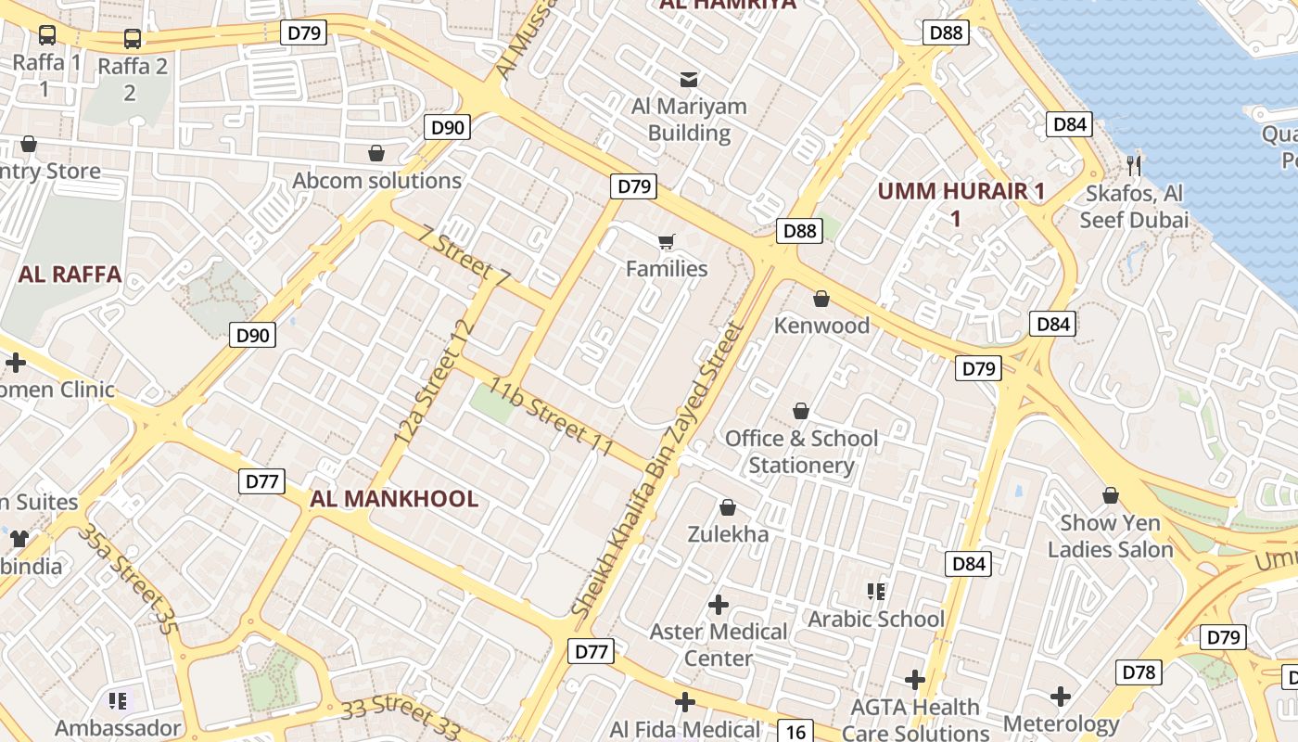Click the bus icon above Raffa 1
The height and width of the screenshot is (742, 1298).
click(x=47, y=35)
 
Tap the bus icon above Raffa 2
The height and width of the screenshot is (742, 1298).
click(x=133, y=39)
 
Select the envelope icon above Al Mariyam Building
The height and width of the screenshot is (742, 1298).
click(x=689, y=79)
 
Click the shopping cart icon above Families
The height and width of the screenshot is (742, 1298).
click(x=667, y=242)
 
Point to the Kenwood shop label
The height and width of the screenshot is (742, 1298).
click(x=821, y=326)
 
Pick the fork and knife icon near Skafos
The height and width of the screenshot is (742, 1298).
click(x=1133, y=166)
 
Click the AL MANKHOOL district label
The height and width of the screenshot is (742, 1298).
click(x=394, y=499)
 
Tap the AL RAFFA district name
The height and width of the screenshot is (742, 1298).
click(x=70, y=275)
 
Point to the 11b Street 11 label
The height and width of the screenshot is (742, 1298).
click(x=552, y=416)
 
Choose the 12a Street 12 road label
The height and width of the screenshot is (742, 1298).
click(x=434, y=380)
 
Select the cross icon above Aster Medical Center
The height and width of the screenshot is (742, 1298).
click(x=718, y=605)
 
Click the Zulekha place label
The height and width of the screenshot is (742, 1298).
click(x=728, y=534)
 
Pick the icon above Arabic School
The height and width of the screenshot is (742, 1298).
click(x=875, y=591)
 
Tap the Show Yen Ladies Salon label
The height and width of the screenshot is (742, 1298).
click(x=1110, y=536)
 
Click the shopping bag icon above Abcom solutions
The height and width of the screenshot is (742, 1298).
click(x=376, y=153)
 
